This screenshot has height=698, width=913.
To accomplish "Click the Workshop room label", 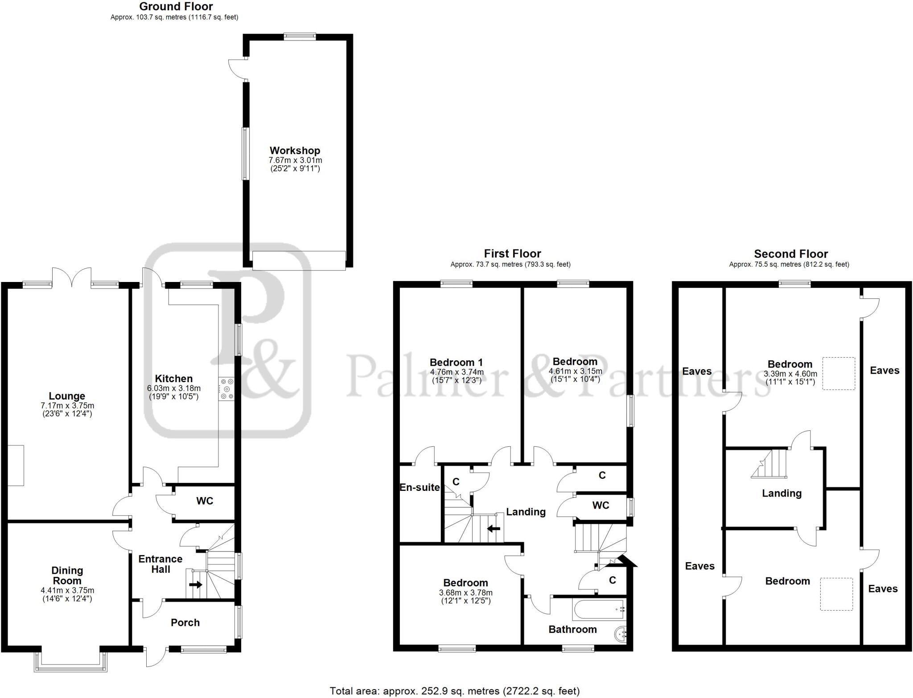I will pyautogui.click(x=295, y=151).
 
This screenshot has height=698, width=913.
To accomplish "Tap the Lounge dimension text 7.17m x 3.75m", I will pyautogui.click(x=67, y=406).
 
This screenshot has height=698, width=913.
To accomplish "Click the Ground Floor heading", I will pyautogui.click(x=176, y=7).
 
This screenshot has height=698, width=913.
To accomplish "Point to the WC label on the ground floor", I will pyautogui.click(x=205, y=501).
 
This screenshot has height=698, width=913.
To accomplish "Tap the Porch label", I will pyautogui.click(x=185, y=623).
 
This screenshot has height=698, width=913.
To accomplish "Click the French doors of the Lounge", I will pyautogui.click(x=72, y=276).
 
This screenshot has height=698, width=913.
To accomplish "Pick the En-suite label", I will pyautogui.click(x=419, y=488).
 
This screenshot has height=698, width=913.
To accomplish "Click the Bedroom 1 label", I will pyautogui.click(x=456, y=363).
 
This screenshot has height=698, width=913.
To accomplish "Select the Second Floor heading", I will pyautogui.click(x=791, y=254).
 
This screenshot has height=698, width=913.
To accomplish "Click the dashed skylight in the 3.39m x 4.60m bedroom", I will pyautogui.click(x=839, y=373).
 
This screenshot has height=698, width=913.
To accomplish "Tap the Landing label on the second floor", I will pyautogui.click(x=781, y=493).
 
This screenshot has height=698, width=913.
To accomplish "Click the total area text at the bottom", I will pyautogui.click(x=455, y=691).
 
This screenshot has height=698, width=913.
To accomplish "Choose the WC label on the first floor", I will pyautogui.click(x=600, y=506).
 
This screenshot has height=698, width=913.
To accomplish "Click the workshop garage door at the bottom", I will pyautogui.click(x=299, y=261).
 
